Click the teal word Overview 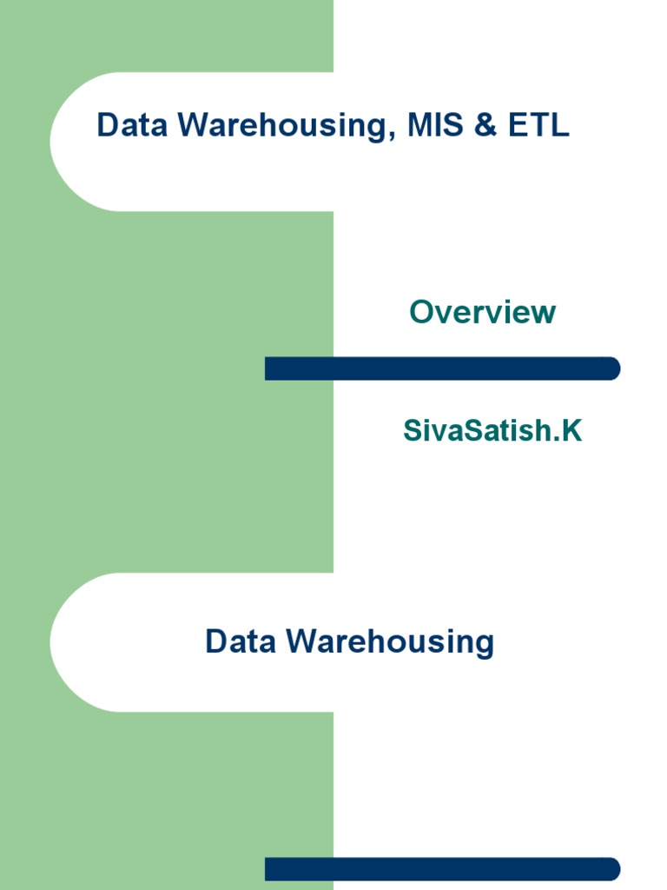tap(482, 311)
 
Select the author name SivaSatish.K tap(492, 429)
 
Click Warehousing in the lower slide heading tap(390, 643)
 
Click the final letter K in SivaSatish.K tap(571, 429)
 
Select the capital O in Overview tap(422, 311)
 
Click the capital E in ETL tap(518, 125)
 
